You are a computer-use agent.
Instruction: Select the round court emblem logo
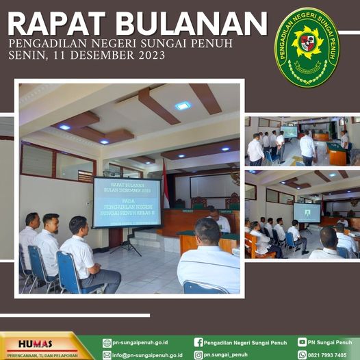[x=306, y=47]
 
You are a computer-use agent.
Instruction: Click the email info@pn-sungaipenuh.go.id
[x=147, y=355]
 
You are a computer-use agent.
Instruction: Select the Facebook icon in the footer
[x=198, y=342]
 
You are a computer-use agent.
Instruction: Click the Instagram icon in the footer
[x=198, y=355]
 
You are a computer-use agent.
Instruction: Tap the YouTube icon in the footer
[x=302, y=342]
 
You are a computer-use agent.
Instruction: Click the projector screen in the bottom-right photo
[x=307, y=212]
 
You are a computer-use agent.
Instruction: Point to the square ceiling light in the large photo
[x=183, y=105]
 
